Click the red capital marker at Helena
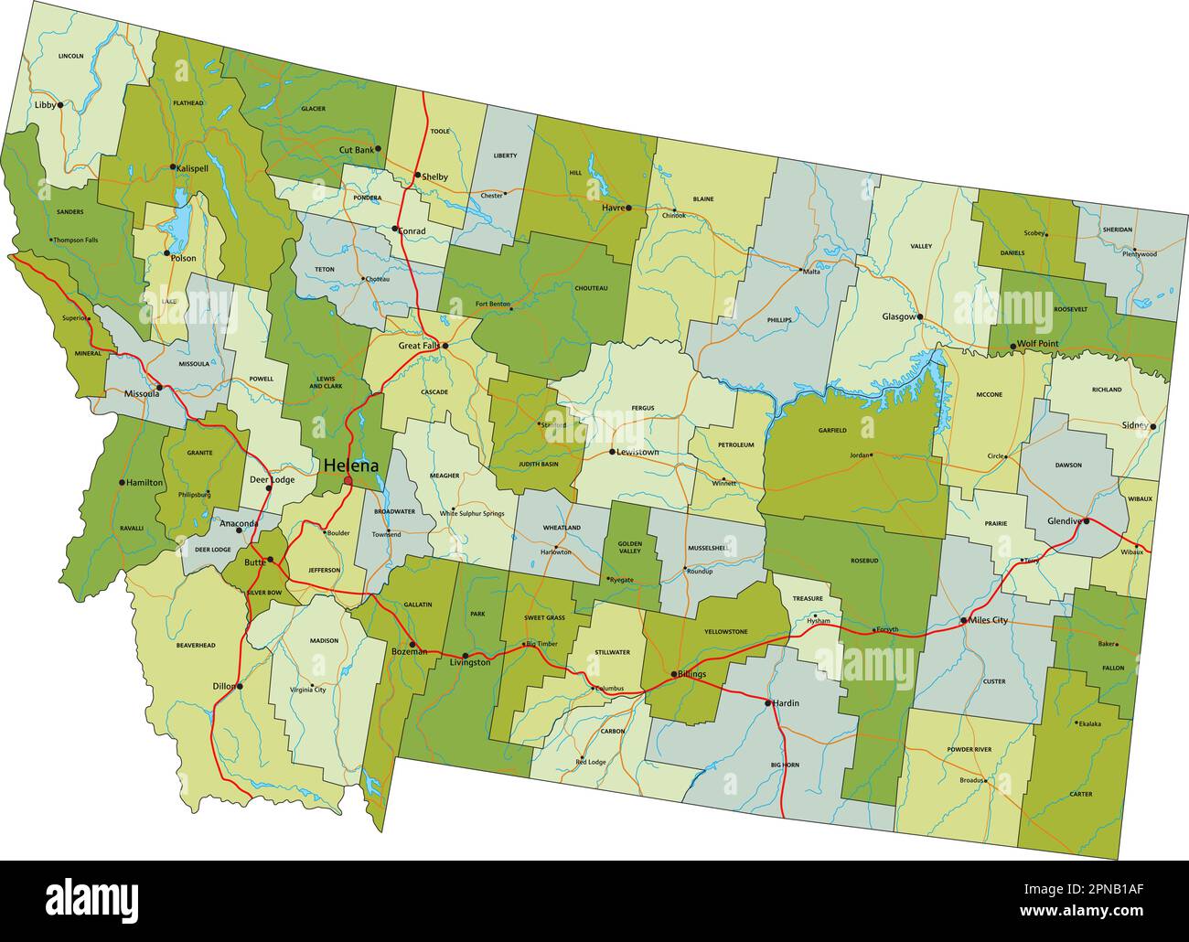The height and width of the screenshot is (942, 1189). [348, 480]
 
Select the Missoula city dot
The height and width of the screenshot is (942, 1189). [159, 388]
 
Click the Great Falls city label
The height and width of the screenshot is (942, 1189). [419, 346]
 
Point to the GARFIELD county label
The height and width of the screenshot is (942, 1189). [832, 430]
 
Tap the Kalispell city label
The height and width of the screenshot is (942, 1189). [194, 168]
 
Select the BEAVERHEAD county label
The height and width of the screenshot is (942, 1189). [196, 646]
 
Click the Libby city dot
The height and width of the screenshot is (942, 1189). [60, 105]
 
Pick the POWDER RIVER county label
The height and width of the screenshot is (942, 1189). [969, 749]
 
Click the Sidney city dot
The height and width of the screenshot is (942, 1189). [1154, 426]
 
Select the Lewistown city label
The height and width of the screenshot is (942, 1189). [637, 452]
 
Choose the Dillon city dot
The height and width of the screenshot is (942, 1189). [240, 686]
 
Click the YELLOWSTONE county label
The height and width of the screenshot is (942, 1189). [726, 631]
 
